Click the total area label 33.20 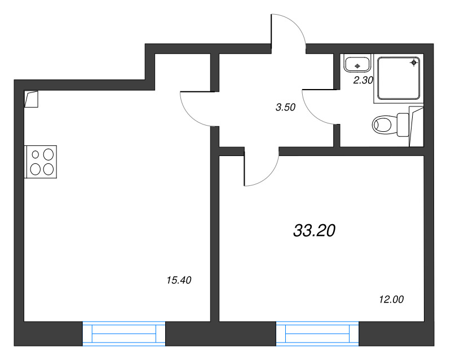click(x=314, y=230)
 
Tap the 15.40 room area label click(x=179, y=280)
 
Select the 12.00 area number click(x=391, y=300)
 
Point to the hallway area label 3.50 click(x=285, y=107)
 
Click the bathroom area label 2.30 click(x=363, y=80)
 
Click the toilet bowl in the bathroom click(x=384, y=125)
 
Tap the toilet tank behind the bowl click(x=403, y=125)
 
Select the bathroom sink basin click(x=357, y=64)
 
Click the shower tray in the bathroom click(x=399, y=78)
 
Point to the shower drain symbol click(x=414, y=63)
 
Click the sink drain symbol click(x=357, y=66)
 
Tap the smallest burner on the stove click(x=36, y=155)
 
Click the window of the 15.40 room click(x=124, y=334)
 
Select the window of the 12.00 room click(x=317, y=334)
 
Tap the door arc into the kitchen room click(x=191, y=117)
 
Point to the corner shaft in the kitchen click(x=31, y=99)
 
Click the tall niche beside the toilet click(x=416, y=127)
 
